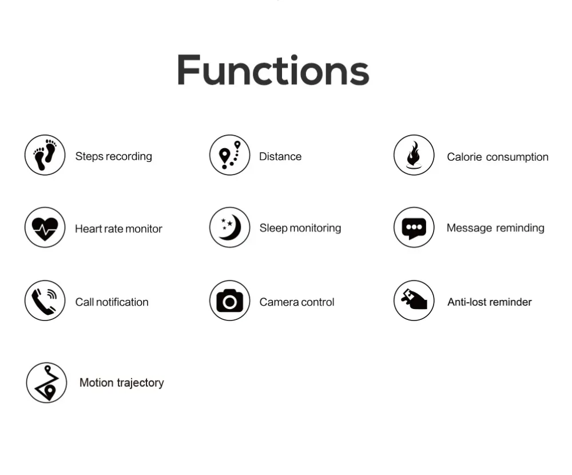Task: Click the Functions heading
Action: coord(273,70)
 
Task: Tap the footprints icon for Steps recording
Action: coord(45,155)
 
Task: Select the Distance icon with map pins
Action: coord(230,155)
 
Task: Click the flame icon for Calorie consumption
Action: coord(414,155)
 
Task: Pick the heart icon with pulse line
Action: coord(45,228)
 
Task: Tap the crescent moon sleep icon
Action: coord(230,227)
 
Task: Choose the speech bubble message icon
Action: coord(414,228)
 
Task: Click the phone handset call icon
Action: coord(45,300)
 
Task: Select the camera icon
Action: coord(230,300)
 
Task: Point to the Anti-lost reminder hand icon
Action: coord(414,300)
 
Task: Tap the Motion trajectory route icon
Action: coord(47,383)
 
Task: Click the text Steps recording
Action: coord(113,156)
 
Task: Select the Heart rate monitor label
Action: coord(118,229)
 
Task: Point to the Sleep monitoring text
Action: coord(300,228)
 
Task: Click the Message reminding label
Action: coord(495,228)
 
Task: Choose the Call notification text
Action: coord(112,302)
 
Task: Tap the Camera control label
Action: coord(296,302)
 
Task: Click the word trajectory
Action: coord(141,383)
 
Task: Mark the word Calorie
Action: coord(464,157)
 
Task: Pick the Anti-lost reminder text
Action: coord(489,302)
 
